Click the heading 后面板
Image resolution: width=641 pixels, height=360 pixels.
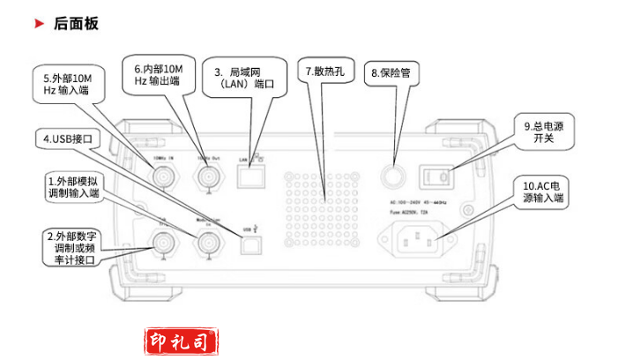coord(76,24)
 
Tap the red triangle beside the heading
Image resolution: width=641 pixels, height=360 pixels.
coord(39,24)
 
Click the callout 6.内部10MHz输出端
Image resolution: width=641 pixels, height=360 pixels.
coord(157,74)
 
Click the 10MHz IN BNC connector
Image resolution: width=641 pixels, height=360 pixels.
coord(164,178)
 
